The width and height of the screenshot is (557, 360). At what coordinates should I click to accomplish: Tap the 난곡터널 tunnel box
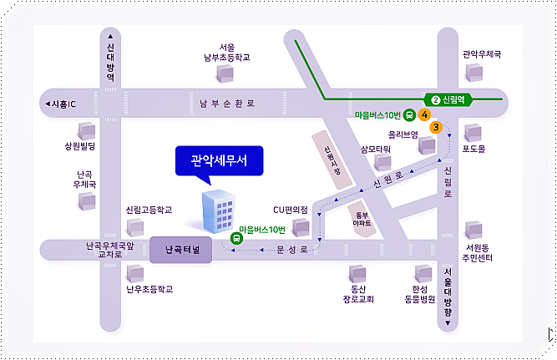(x=181, y=250)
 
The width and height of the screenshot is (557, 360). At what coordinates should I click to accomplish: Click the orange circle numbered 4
(x=425, y=114)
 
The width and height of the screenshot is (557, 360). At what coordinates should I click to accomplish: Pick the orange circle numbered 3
(x=436, y=128)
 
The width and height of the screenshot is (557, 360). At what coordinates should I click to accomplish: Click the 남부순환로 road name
(x=228, y=104)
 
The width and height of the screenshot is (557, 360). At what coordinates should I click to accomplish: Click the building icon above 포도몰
(x=473, y=132)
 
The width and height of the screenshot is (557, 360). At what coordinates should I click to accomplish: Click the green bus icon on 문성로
(x=237, y=238)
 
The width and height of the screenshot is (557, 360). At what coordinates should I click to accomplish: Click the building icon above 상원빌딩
(x=85, y=130)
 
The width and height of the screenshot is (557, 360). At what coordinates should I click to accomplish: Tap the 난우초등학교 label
(x=149, y=290)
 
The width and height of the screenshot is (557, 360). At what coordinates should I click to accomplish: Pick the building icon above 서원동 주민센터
(x=473, y=229)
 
